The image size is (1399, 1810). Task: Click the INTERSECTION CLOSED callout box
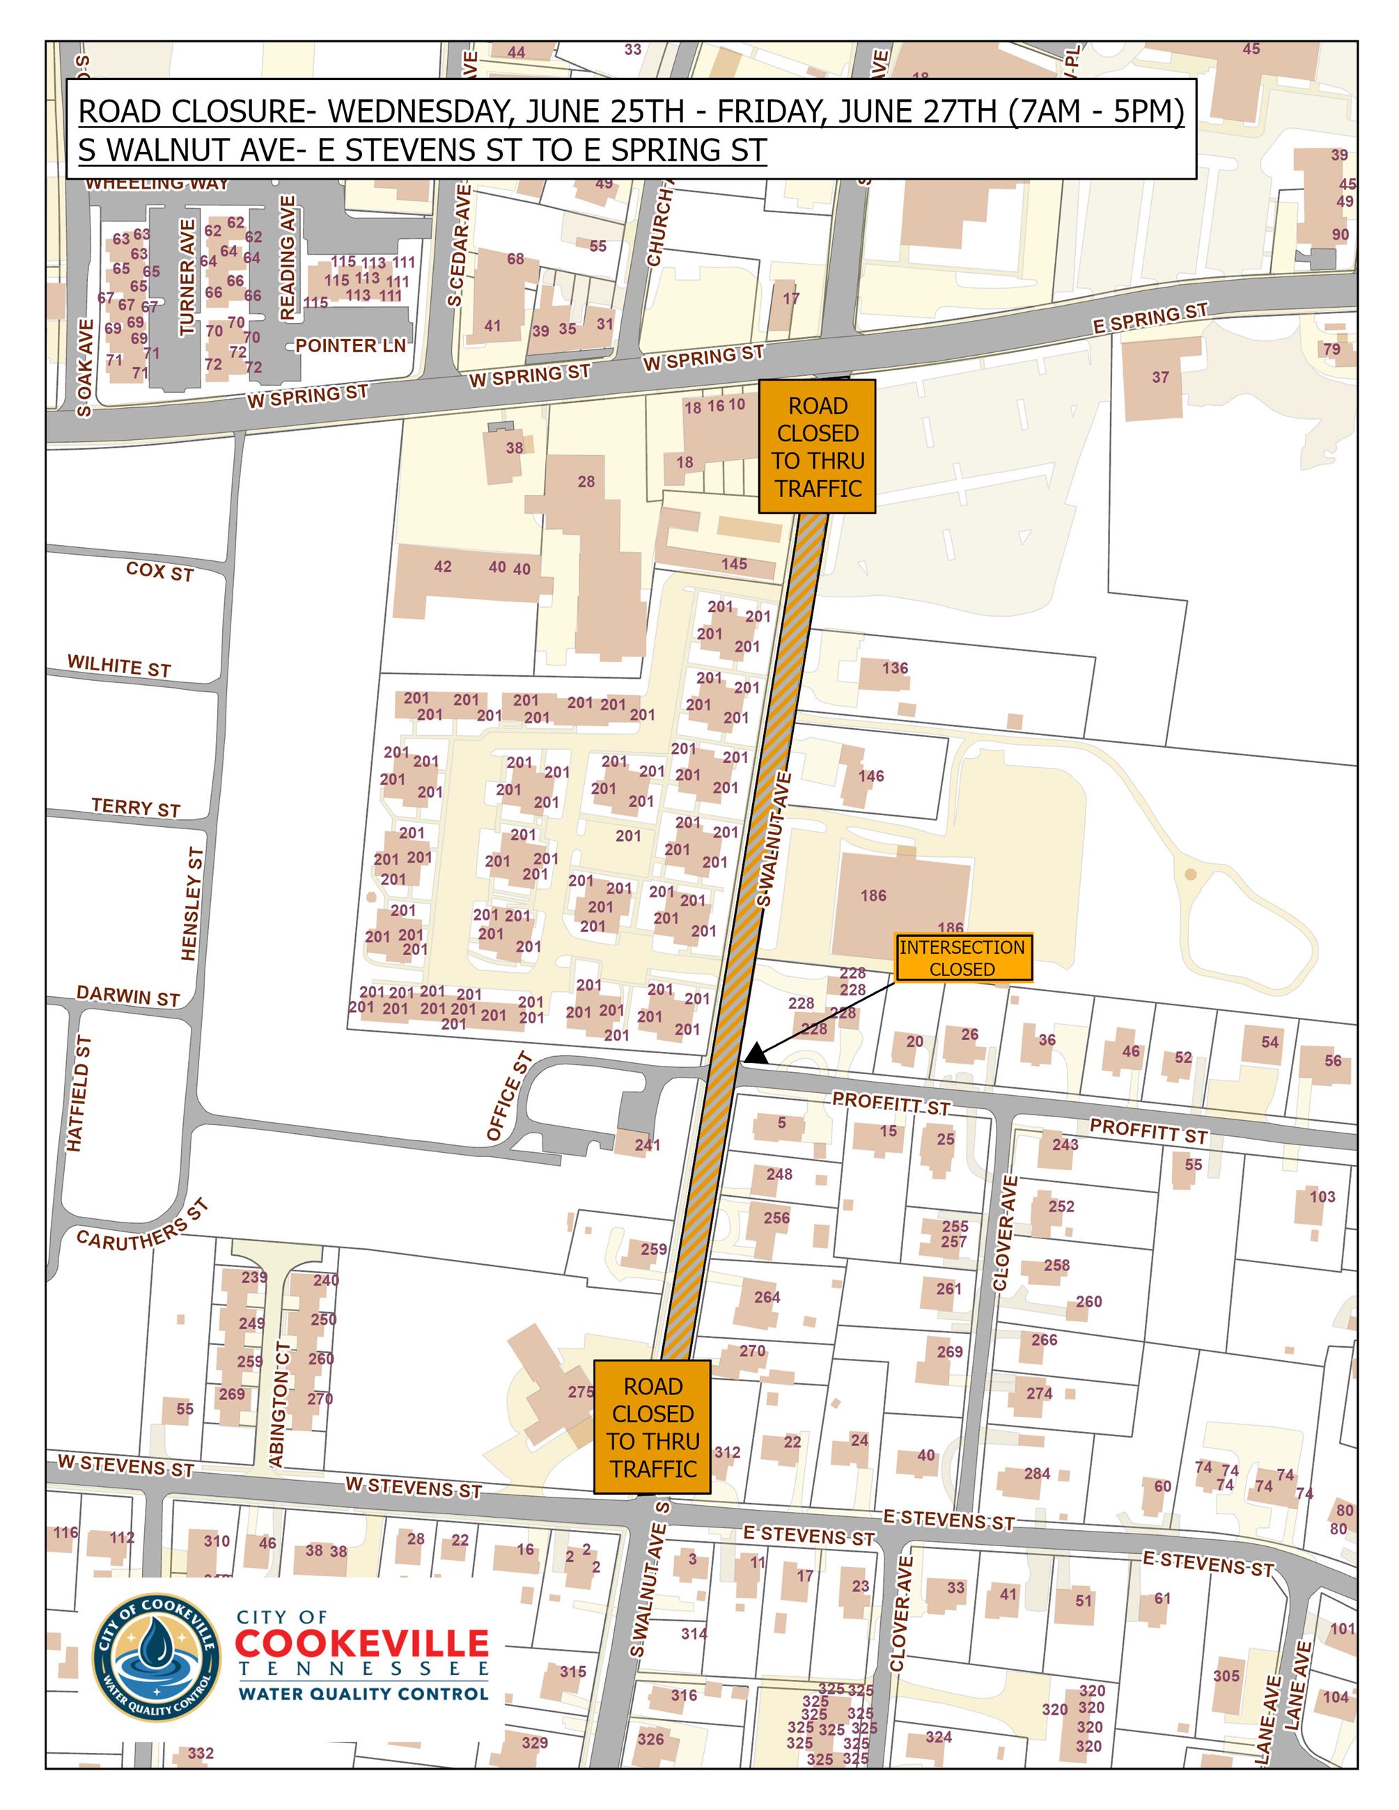[x=962, y=958]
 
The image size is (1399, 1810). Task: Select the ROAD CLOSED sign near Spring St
[x=818, y=447]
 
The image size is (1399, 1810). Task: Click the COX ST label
[x=160, y=571]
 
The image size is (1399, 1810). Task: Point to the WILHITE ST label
[x=119, y=666]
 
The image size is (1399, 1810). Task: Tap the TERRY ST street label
[x=136, y=808]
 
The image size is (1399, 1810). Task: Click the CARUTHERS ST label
[x=142, y=1225]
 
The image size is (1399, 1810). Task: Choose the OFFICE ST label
[x=508, y=1097]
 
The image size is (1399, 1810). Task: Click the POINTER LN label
[x=350, y=345]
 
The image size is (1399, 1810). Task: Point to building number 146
[x=871, y=776]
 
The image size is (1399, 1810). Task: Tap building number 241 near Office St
[x=648, y=1144]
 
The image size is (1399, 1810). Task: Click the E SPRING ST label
[x=1150, y=318]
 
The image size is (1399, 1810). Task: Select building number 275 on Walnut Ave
[x=580, y=1392]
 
